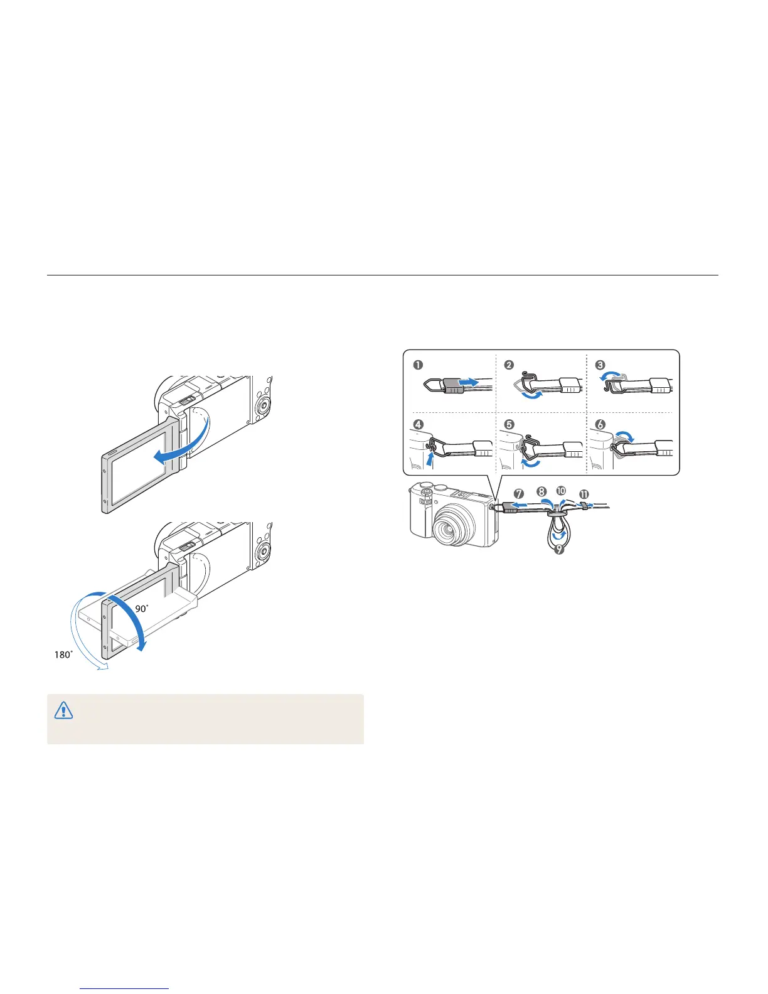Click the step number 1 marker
[x=418, y=365]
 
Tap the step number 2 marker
[x=509, y=365]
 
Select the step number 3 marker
[x=600, y=365]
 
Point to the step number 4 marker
[x=418, y=425]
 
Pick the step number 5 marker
[x=509, y=425]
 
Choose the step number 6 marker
[x=600, y=425]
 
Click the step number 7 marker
[x=519, y=494]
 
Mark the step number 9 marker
[x=559, y=550]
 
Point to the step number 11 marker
[x=584, y=494]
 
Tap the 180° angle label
[x=63, y=655]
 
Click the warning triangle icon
[x=63, y=710]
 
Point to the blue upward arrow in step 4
[x=429, y=459]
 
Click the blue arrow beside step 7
[x=518, y=504]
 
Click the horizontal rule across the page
[x=383, y=275]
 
